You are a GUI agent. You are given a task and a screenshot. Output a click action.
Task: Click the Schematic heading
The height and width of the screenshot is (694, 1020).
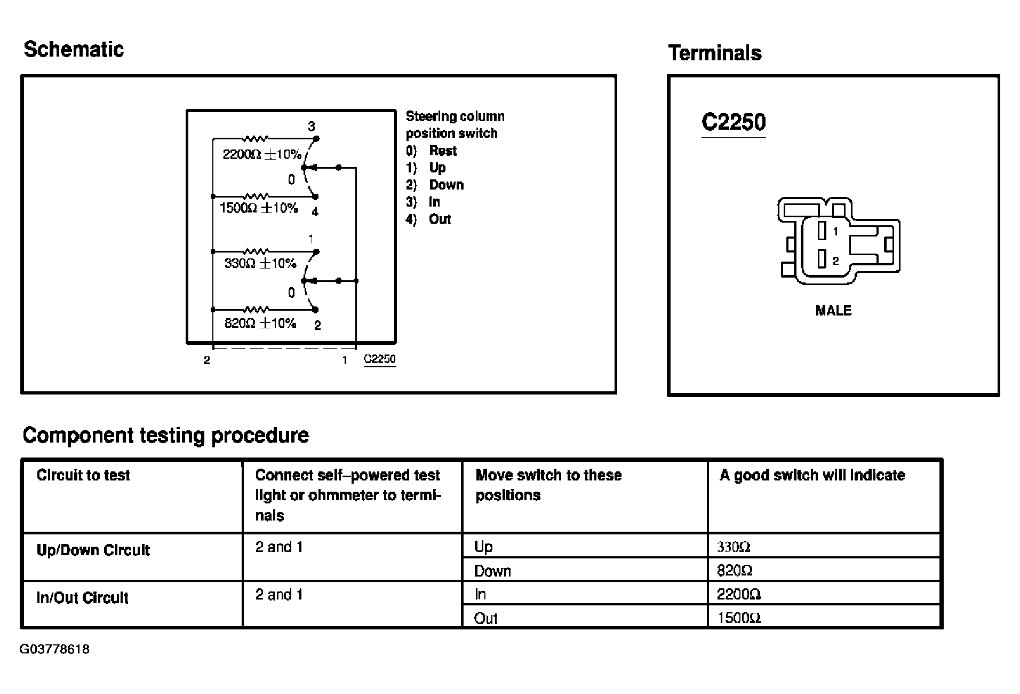pyautogui.click(x=74, y=49)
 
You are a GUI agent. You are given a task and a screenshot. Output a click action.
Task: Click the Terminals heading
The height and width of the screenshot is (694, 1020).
pyautogui.click(x=714, y=53)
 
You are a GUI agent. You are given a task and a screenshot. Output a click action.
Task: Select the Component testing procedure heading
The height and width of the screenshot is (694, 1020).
pyautogui.click(x=165, y=435)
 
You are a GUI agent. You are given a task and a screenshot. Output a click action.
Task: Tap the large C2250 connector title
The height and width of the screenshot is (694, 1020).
pyautogui.click(x=733, y=122)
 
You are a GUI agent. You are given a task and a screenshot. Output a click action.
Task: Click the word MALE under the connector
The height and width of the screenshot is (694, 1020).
pyautogui.click(x=833, y=310)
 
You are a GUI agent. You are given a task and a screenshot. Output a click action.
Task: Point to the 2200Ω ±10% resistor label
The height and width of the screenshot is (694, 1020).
pyautogui.click(x=261, y=154)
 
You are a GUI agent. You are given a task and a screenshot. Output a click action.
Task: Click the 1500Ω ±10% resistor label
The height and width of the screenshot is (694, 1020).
pyautogui.click(x=259, y=208)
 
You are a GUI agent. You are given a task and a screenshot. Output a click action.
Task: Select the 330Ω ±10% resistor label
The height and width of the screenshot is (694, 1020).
pyautogui.click(x=260, y=263)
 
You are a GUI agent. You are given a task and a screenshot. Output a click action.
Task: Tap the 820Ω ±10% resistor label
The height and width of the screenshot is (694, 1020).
pyautogui.click(x=260, y=323)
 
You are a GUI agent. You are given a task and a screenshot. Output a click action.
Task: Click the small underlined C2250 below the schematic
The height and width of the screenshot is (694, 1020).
pyautogui.click(x=379, y=359)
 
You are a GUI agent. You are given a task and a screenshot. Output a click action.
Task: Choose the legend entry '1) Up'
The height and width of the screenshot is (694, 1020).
pyautogui.click(x=426, y=168)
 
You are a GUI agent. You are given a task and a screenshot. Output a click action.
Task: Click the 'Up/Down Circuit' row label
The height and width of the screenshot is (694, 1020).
pyautogui.click(x=93, y=550)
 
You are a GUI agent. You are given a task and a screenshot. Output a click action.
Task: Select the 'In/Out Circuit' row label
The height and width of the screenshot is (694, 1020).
pyautogui.click(x=82, y=598)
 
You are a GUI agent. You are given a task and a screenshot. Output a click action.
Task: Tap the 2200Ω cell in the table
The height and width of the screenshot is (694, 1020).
pyautogui.click(x=738, y=594)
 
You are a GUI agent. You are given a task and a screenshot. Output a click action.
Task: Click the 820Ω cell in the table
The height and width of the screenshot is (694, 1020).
pyautogui.click(x=734, y=571)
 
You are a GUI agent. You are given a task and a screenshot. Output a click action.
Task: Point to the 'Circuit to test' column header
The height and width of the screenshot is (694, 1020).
pyautogui.click(x=83, y=475)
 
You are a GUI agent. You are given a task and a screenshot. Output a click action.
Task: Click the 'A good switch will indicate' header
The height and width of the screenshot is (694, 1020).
pyautogui.click(x=812, y=475)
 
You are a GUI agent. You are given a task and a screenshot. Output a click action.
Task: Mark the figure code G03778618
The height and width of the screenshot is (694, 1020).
pyautogui.click(x=54, y=650)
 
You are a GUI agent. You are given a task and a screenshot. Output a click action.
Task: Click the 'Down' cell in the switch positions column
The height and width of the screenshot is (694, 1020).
pyautogui.click(x=492, y=571)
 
